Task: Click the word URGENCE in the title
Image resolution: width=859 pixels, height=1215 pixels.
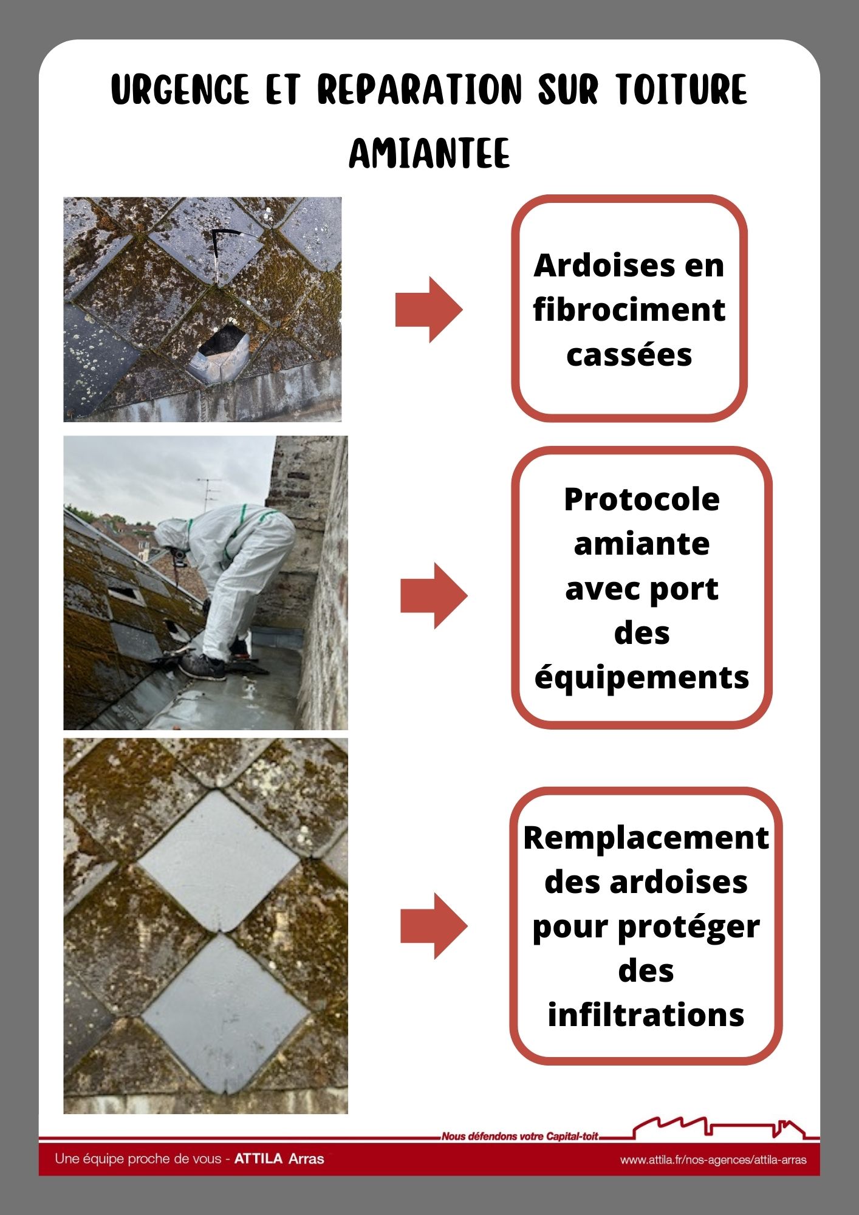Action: pyautogui.click(x=180, y=90)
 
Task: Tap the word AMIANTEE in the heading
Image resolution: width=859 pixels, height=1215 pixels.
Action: pyautogui.click(x=430, y=154)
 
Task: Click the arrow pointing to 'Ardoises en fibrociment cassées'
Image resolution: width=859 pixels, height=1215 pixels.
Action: pyautogui.click(x=429, y=310)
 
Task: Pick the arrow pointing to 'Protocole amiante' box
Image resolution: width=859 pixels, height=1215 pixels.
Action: pyautogui.click(x=434, y=595)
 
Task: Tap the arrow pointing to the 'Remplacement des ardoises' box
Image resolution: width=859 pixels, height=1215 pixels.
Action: pyautogui.click(x=434, y=926)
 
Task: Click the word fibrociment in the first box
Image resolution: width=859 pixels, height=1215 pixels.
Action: pyautogui.click(x=629, y=310)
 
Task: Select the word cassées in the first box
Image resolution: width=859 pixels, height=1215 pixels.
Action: pyautogui.click(x=629, y=354)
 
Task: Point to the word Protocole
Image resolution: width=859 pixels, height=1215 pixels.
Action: pyautogui.click(x=642, y=499)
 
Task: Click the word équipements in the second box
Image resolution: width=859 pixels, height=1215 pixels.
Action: pyautogui.click(x=642, y=678)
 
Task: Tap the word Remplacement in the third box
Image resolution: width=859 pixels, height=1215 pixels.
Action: pyautogui.click(x=646, y=838)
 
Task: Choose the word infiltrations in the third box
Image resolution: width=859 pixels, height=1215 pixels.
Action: pyautogui.click(x=646, y=1015)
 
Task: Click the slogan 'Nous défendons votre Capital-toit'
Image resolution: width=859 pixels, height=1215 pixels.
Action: pyautogui.click(x=520, y=1136)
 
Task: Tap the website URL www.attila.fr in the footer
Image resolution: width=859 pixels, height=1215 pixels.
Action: pyautogui.click(x=713, y=1160)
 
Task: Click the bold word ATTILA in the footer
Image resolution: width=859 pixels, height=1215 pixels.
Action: pyautogui.click(x=259, y=1159)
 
